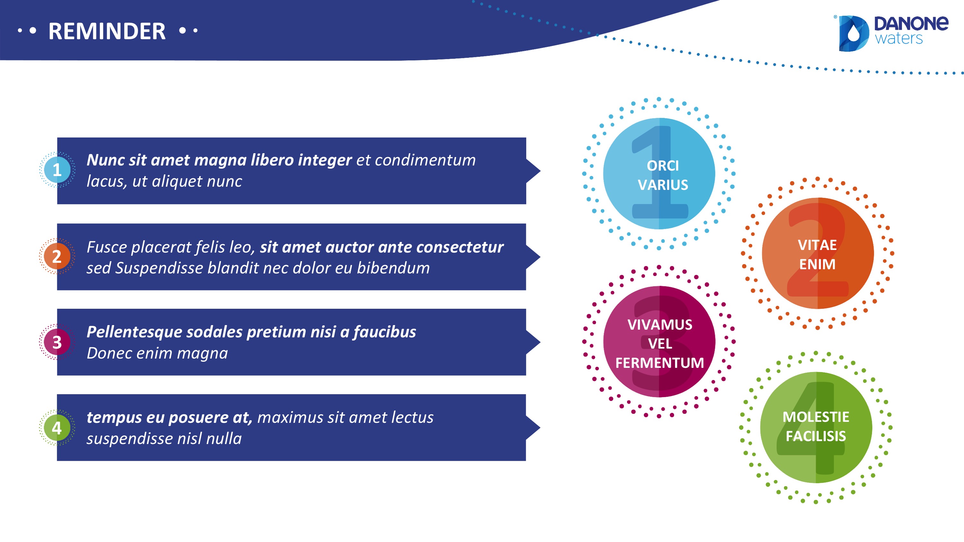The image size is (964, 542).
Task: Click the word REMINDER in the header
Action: [x=107, y=31]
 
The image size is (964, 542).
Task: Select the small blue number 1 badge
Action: [x=57, y=170]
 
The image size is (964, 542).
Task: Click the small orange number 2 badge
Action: [x=57, y=256]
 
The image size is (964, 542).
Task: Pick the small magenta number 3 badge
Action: [x=57, y=342]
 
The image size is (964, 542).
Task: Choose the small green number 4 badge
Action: [x=57, y=428]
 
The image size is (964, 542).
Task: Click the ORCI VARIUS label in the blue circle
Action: [x=663, y=175]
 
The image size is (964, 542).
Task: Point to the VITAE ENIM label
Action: [x=817, y=255]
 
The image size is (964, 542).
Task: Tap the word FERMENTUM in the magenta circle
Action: [x=660, y=363]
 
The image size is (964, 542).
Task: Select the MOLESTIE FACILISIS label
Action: [x=816, y=426]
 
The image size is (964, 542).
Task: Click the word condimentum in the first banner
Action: [x=425, y=160]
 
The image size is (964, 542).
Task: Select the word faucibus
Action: [x=385, y=332]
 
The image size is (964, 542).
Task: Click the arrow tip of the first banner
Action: [x=540, y=171]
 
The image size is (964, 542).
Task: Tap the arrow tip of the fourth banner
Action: [x=540, y=428]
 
